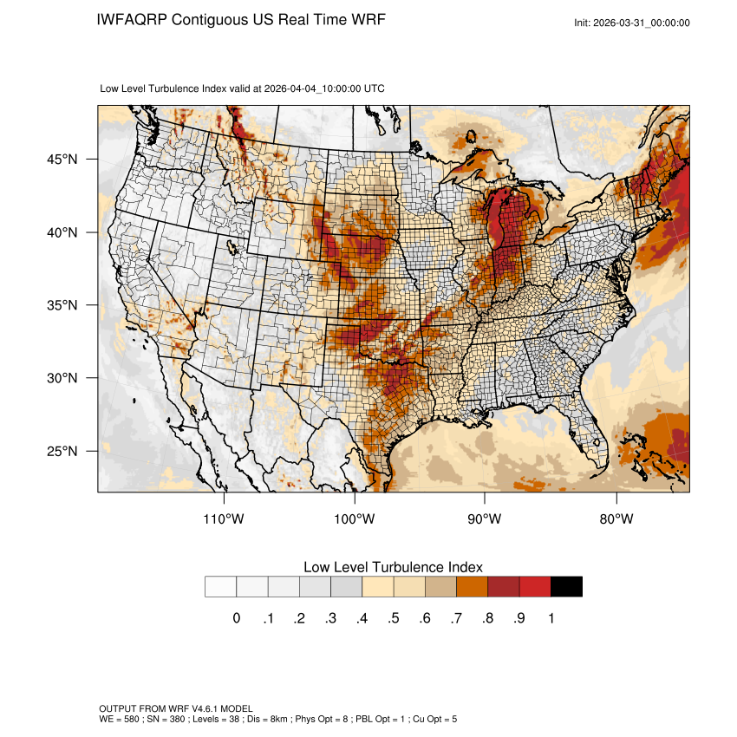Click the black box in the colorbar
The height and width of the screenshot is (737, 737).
[566, 587]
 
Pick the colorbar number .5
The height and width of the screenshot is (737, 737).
[393, 618]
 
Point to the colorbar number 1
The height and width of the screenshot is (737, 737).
[551, 618]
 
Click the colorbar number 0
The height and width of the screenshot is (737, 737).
[237, 618]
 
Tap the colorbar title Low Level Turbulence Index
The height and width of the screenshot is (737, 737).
[393, 567]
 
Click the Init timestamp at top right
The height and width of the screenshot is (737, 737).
[632, 23]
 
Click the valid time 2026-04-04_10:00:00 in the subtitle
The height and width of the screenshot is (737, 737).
[313, 88]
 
